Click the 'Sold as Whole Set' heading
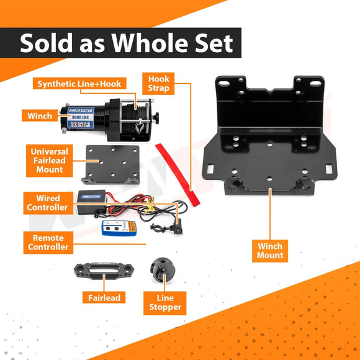coord(127,43)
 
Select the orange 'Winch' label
coord(40,116)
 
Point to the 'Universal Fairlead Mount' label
coord(49,160)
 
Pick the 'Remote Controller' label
coord(48,243)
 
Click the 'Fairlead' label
coord(104,298)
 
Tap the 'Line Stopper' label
coord(165,302)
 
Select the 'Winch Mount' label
coord(270,251)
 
